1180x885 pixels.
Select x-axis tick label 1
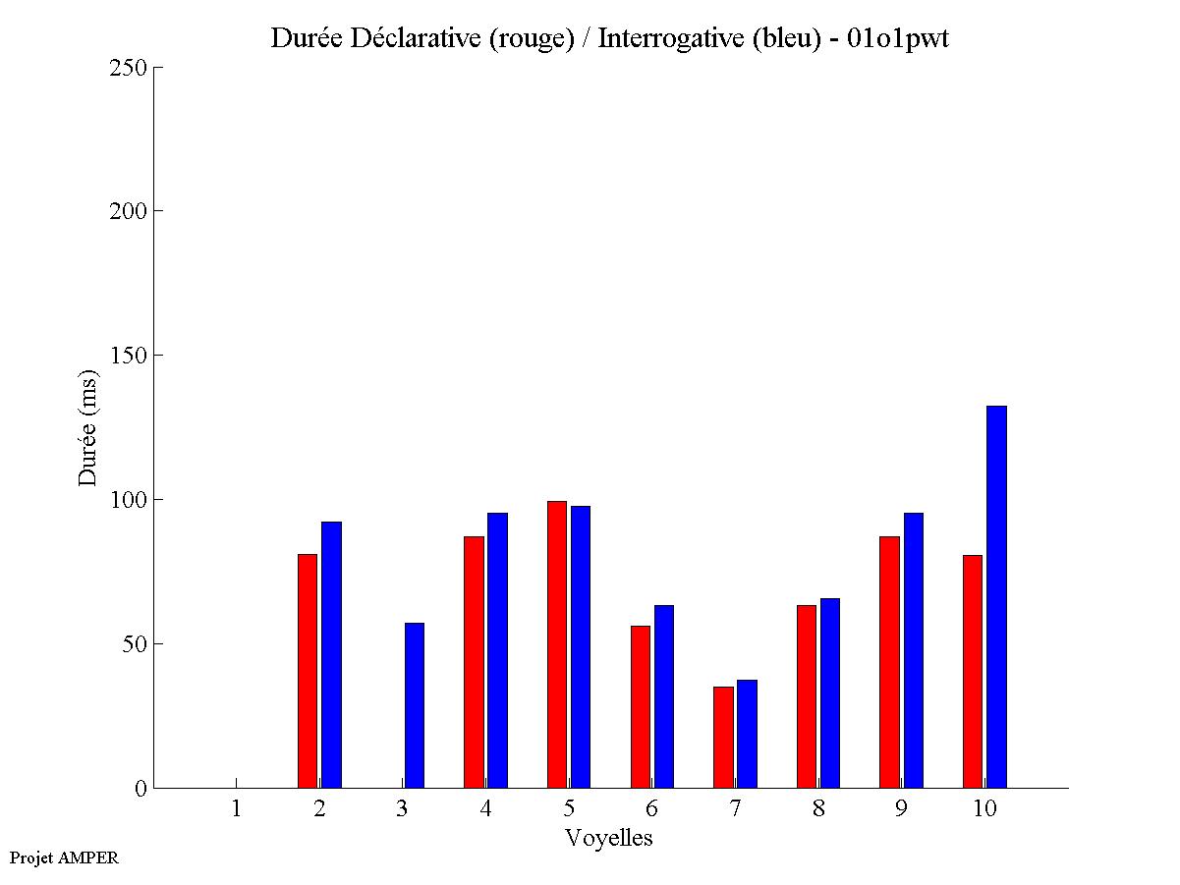point(236,808)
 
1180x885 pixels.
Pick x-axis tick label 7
point(735,808)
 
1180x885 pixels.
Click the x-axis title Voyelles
point(608,838)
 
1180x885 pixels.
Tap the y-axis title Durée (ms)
point(88,427)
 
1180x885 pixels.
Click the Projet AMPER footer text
point(64,857)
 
